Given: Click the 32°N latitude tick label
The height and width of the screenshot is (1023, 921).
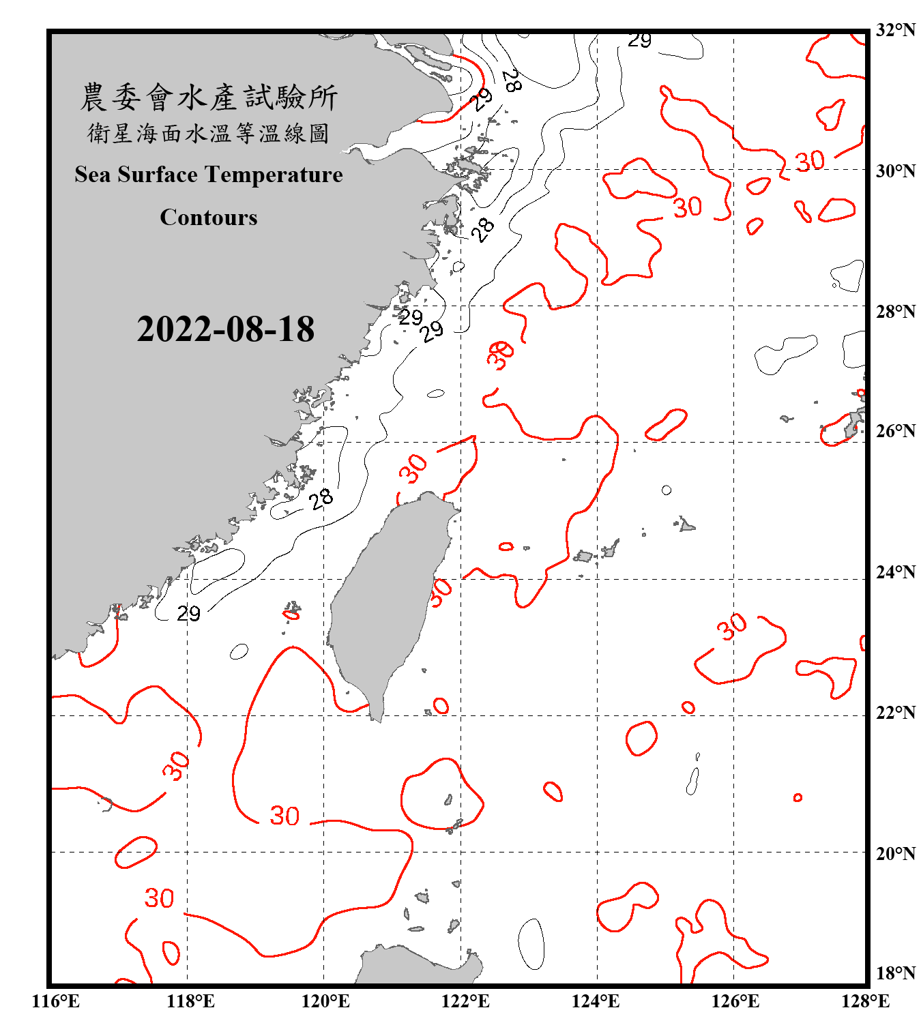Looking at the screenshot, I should [x=895, y=30].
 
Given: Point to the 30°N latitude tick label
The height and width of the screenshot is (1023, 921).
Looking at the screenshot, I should [x=895, y=170].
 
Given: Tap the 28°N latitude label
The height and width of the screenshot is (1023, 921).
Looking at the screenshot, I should [x=895, y=312].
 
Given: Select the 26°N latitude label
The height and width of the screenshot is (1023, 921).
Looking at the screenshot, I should [x=895, y=431].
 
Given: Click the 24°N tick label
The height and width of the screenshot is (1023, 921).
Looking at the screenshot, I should [x=895, y=572].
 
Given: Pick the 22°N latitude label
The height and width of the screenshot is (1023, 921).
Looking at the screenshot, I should [x=895, y=713].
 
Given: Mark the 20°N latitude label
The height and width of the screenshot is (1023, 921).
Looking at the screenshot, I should [x=895, y=853].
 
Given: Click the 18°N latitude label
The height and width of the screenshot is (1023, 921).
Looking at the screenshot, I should [x=895, y=973].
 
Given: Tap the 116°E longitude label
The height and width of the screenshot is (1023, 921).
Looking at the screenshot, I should [x=56, y=1001].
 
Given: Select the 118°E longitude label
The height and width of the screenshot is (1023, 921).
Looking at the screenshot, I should [x=190, y=1001].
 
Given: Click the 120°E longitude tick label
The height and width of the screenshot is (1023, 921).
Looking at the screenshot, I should [x=325, y=1001].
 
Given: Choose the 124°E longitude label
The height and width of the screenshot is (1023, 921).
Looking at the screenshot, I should [x=596, y=1001].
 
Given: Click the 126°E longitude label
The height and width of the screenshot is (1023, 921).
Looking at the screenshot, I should [x=735, y=1001].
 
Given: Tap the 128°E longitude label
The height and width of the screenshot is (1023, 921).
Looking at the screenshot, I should [x=865, y=1001].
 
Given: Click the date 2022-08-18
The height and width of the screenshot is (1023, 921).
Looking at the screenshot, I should [x=225, y=329].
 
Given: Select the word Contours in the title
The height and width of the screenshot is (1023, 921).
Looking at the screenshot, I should [x=209, y=218].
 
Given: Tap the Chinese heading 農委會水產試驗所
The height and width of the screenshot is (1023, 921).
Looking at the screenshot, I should [x=209, y=98].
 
